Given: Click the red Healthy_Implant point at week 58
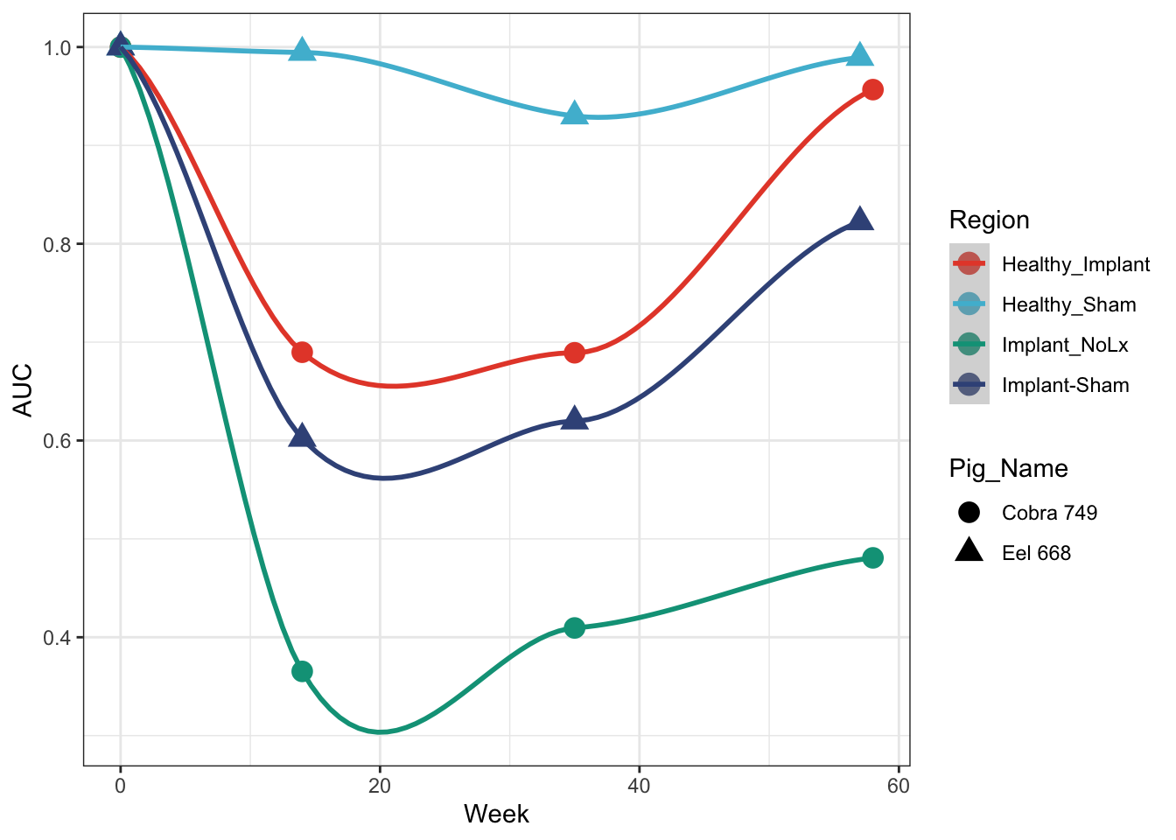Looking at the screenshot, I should point(872,89).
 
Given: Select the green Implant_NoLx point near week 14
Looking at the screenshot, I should point(302,671).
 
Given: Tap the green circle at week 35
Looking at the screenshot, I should point(574,627).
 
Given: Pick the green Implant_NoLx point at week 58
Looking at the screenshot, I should point(872,557).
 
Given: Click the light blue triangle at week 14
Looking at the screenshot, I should point(302,51).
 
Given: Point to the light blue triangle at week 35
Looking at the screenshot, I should point(574,114).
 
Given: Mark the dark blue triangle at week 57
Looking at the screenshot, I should point(860,220).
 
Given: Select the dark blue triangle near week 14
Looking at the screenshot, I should point(302,437).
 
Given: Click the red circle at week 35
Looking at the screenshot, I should point(574,353).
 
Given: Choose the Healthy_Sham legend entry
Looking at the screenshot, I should point(1068,304).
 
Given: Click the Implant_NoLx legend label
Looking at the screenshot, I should point(1065,345).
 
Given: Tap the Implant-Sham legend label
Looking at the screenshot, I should point(1065,385).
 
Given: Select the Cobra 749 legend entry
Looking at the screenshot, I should point(1049,513).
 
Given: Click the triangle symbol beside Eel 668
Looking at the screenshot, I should point(969,551).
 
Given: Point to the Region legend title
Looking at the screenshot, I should point(989,220).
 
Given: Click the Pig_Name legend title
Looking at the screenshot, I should point(1008,468).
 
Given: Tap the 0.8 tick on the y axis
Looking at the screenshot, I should point(56,244).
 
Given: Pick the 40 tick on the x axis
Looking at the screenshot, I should point(639,786).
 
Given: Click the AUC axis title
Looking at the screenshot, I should point(23,389).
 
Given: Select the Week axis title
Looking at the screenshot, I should point(496,814).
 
